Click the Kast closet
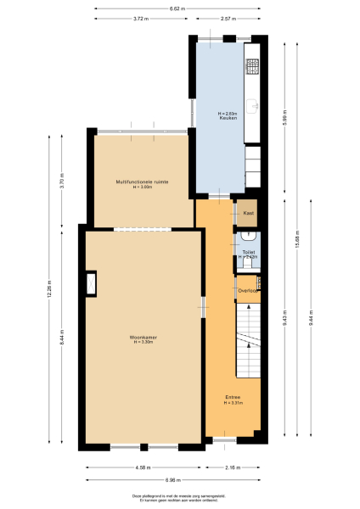[248, 213]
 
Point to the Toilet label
[248, 252]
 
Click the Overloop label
[248, 291]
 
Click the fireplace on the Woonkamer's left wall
[90, 283]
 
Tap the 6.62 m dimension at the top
[176, 8]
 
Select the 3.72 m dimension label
[140, 18]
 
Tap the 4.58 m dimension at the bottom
[143, 467]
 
